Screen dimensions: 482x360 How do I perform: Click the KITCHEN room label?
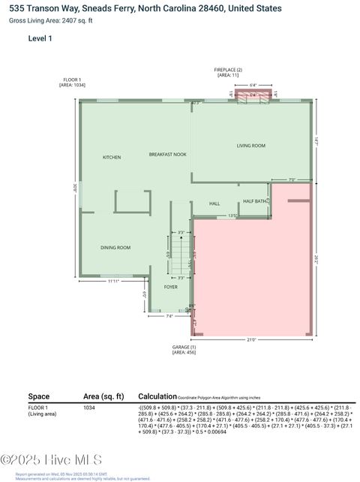[x=112, y=157]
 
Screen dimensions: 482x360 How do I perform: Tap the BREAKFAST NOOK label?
[x=167, y=154]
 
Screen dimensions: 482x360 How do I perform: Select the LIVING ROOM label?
[x=251, y=145]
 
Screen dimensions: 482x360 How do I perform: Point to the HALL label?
[x=214, y=203]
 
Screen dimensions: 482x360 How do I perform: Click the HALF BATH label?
[x=256, y=201]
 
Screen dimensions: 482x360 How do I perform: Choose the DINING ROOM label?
[x=115, y=247]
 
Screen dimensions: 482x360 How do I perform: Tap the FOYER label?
[x=171, y=287]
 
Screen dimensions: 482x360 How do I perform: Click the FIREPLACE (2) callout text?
[x=227, y=72]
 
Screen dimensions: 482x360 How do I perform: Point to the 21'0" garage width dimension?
[x=251, y=339]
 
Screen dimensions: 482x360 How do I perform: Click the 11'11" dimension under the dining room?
[x=113, y=281]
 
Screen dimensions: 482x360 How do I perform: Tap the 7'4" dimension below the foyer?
[x=169, y=316]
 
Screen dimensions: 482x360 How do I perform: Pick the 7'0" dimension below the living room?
[x=292, y=179]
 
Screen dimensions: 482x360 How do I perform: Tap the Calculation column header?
[x=156, y=396]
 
